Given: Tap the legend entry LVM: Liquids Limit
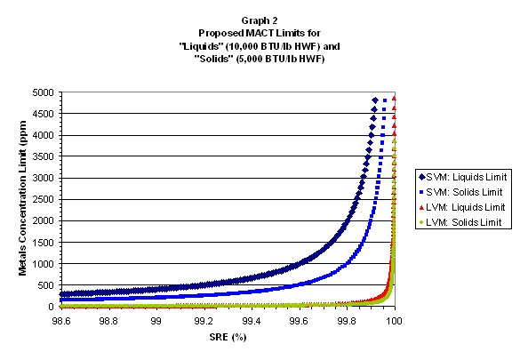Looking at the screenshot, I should pos(462,205).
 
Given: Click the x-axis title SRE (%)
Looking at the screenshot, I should pos(226,337).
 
